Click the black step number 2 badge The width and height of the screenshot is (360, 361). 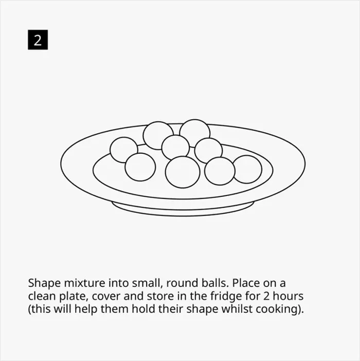pyautogui.click(x=38, y=40)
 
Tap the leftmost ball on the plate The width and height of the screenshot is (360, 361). pyautogui.click(x=124, y=150)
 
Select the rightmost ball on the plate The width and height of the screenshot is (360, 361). pyautogui.click(x=247, y=170)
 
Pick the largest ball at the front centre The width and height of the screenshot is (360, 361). pyautogui.click(x=183, y=172)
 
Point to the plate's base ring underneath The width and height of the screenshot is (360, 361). pyautogui.click(x=183, y=213)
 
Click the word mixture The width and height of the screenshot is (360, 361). pyautogui.click(x=84, y=283)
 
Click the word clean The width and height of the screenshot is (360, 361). pyautogui.click(x=42, y=296)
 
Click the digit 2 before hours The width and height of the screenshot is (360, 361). pyautogui.click(x=266, y=296)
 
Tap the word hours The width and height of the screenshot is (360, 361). pyautogui.click(x=288, y=296)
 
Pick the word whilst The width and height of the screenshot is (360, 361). pyautogui.click(x=237, y=309)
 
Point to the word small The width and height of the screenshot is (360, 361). pyautogui.click(x=147, y=283)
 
